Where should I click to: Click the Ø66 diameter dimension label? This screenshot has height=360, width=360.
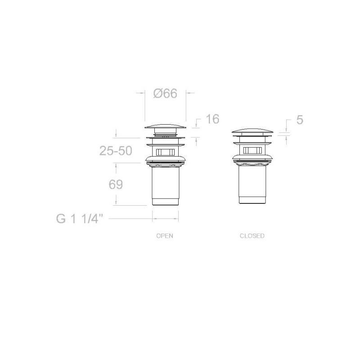(x=165, y=94)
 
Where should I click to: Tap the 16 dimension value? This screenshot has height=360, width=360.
(x=212, y=119)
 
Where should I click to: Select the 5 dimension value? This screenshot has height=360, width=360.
(x=300, y=120)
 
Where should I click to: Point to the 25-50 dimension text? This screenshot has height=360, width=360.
(x=116, y=151)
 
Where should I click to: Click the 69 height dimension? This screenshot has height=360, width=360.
(x=116, y=184)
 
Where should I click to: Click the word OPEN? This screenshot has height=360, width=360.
(x=165, y=236)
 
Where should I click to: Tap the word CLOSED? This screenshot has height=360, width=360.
(x=252, y=236)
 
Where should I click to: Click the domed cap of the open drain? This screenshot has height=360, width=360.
(x=165, y=126)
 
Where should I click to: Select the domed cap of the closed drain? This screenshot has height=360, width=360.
(x=252, y=131)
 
